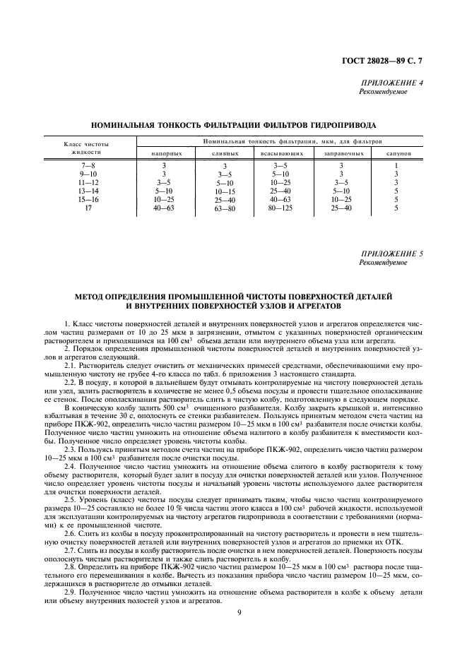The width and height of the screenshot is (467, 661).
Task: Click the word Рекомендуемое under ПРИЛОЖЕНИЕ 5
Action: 383,262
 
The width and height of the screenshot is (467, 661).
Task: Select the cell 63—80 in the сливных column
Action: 225,209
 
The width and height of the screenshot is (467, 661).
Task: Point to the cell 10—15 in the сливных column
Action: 225,191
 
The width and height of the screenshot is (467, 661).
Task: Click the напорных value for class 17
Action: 164,208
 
